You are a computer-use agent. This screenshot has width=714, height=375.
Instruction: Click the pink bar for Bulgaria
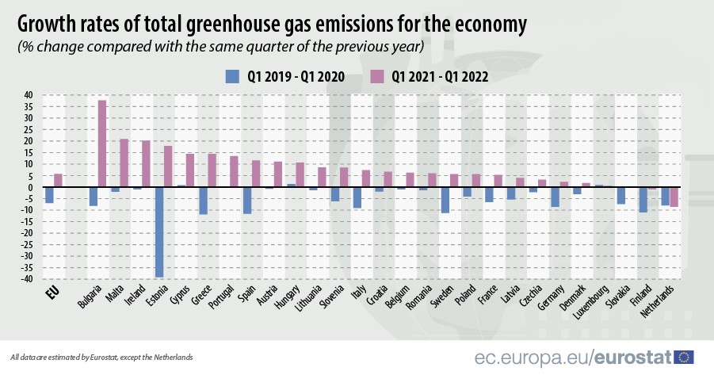(x=102, y=143)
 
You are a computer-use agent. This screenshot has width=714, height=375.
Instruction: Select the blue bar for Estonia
(x=159, y=232)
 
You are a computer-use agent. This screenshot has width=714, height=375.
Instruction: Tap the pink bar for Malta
(x=124, y=163)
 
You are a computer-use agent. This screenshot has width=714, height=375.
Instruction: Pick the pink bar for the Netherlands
(x=674, y=197)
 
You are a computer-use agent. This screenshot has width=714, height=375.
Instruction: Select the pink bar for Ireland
(x=146, y=163)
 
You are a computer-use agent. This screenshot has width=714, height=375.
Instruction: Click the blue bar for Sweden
(x=445, y=200)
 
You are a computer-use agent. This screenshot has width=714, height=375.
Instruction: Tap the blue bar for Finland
(x=643, y=199)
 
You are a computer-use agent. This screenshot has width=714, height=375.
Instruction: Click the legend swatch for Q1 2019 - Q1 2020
(x=233, y=76)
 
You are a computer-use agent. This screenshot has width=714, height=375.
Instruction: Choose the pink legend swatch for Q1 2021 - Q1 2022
(x=377, y=76)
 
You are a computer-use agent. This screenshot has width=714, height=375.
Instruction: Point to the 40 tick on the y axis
(x=28, y=95)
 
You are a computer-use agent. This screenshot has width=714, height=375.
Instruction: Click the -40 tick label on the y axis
(x=26, y=279)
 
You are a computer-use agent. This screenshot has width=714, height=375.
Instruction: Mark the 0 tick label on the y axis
(x=30, y=187)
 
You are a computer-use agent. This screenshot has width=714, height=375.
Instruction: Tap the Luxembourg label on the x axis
(x=594, y=302)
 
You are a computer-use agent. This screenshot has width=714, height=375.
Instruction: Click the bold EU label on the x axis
(x=52, y=292)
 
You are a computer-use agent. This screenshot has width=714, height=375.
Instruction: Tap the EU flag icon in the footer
(x=684, y=356)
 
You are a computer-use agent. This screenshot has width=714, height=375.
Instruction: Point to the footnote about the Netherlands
(x=101, y=357)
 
